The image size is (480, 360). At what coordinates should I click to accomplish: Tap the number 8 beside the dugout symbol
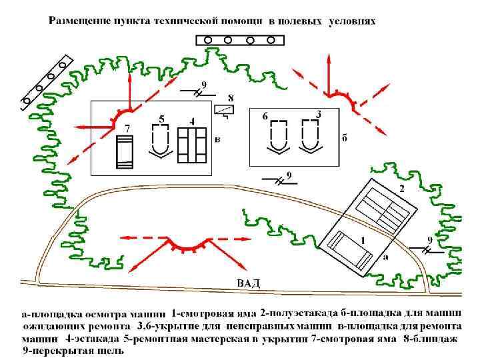[x=231, y=98]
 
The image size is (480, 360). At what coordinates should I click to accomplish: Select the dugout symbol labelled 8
[x=225, y=111]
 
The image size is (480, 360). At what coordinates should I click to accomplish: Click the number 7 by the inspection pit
[x=127, y=127]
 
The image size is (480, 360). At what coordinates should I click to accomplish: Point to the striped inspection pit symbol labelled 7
[x=125, y=152]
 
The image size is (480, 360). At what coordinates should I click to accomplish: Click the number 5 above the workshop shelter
[x=161, y=119]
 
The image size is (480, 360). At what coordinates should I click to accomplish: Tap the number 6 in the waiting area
[x=265, y=116]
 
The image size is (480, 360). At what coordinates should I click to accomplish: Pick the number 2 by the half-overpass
[x=401, y=189]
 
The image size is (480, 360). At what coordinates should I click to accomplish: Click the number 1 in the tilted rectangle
[x=362, y=239]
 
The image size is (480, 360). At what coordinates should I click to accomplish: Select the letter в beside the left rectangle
[x=217, y=139]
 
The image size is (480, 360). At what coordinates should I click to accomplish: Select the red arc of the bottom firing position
[x=183, y=247]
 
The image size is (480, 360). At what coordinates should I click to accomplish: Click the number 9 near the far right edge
[x=429, y=240]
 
